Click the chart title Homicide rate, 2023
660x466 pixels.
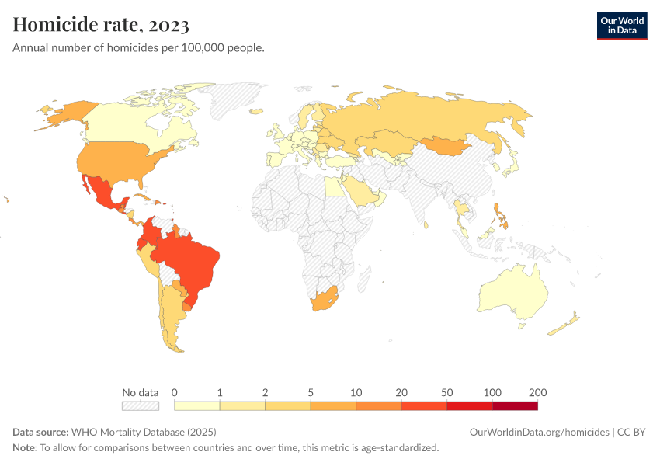tap(101, 25)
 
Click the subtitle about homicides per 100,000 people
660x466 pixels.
tap(138, 47)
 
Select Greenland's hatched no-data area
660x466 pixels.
tap(233, 97)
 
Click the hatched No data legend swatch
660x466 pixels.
tap(140, 405)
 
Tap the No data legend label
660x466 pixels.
tap(140, 392)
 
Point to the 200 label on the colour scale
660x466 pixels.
tap(537, 392)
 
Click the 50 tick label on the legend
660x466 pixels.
tap(446, 392)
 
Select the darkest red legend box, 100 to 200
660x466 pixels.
tap(515, 405)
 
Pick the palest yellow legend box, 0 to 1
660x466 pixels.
tap(197, 405)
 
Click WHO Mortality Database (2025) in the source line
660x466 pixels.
tap(144, 432)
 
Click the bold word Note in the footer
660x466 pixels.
tap(24, 448)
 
